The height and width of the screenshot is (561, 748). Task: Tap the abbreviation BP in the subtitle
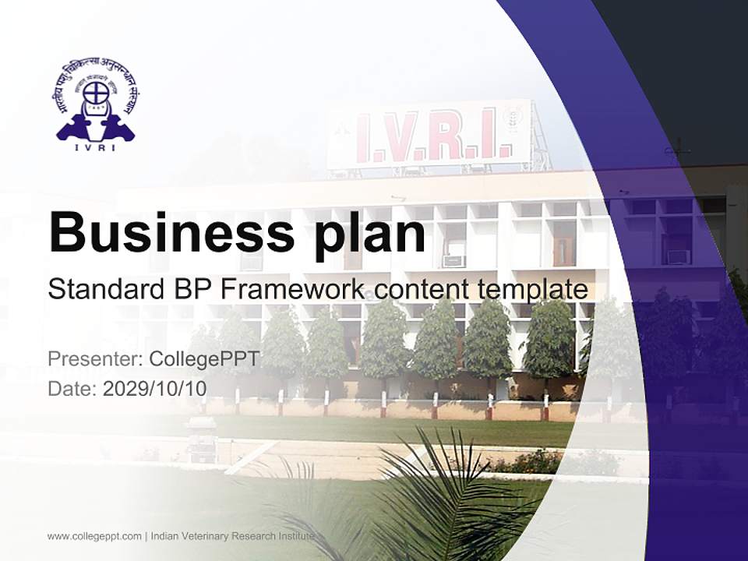click(x=191, y=290)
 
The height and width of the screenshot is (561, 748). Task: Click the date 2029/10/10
click(x=155, y=388)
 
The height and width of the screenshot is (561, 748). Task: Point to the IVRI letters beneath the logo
click(x=95, y=148)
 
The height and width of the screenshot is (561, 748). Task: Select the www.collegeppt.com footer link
click(x=94, y=536)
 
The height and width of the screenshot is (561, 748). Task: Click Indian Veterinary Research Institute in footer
click(x=232, y=536)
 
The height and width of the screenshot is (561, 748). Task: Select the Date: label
click(x=72, y=388)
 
